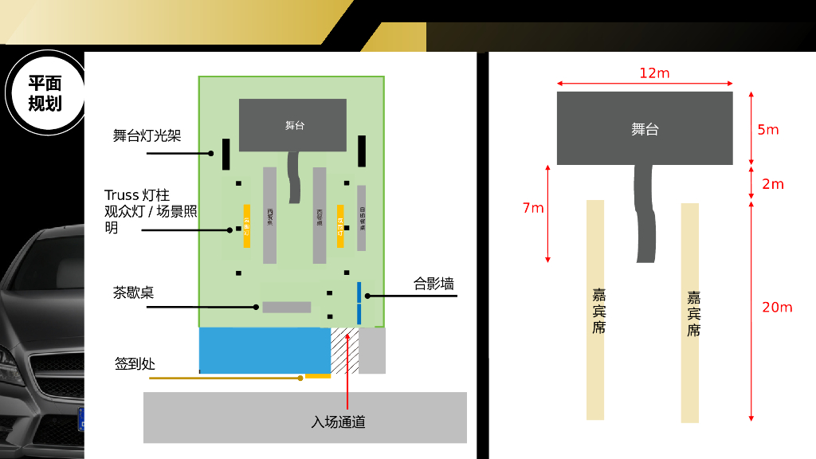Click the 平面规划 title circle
[45, 92]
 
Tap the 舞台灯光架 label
[147, 135]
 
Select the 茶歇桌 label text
[133, 292]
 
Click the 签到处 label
[135, 364]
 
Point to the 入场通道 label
[338, 422]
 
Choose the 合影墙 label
[434, 284]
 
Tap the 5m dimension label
[768, 130]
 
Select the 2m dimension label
[773, 184]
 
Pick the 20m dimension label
[777, 308]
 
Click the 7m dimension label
[533, 209]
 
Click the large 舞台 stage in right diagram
[645, 128]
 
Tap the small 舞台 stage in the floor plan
[292, 125]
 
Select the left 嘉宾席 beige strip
[595, 310]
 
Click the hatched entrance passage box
[344, 351]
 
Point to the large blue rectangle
[265, 351]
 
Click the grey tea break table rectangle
[287, 307]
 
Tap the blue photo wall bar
[359, 303]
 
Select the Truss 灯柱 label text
[137, 195]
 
